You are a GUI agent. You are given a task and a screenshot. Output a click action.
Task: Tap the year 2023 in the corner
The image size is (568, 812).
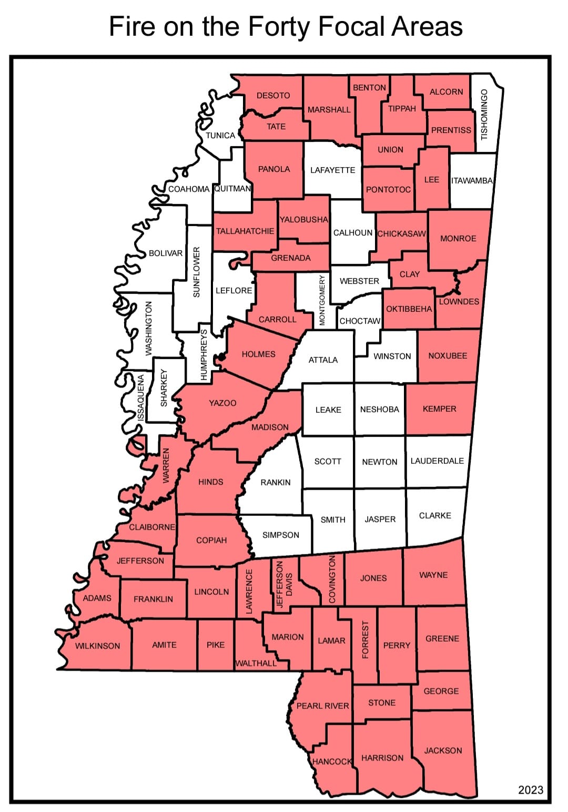pyautogui.click(x=531, y=789)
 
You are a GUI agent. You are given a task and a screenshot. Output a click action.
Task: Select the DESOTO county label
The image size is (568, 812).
pyautogui.click(x=273, y=95)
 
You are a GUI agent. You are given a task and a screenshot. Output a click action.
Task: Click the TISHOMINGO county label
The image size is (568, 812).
pyautogui.click(x=484, y=114)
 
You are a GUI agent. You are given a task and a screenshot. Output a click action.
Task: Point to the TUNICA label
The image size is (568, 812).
pyautogui.click(x=220, y=135)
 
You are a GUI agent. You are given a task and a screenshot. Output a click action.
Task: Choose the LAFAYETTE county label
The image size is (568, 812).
pyautogui.click(x=332, y=170)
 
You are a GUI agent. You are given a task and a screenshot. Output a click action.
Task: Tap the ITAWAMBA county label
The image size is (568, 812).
pyautogui.click(x=472, y=180)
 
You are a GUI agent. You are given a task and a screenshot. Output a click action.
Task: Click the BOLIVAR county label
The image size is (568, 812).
pyautogui.click(x=166, y=253)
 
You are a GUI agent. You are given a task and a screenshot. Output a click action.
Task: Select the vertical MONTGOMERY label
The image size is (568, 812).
pyautogui.click(x=322, y=300)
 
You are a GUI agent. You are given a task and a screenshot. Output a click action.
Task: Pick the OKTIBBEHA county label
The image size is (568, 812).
pyautogui.click(x=409, y=309)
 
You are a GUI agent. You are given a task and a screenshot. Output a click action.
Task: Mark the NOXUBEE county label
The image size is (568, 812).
pyautogui.click(x=448, y=356)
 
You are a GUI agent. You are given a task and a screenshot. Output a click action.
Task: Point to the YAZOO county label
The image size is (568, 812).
pyautogui.click(x=222, y=403)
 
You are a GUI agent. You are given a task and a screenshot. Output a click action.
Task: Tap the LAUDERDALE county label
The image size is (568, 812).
pyautogui.click(x=437, y=461)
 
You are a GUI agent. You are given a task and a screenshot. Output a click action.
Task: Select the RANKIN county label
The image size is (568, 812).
pyautogui.click(x=275, y=482)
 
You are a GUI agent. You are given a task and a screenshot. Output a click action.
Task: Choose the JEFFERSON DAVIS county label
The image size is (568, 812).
pyautogui.click(x=284, y=584)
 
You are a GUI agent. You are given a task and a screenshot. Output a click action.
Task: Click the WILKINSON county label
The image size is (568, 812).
pyautogui.click(x=97, y=646)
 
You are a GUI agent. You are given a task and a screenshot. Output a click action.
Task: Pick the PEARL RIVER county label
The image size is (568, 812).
pyautogui.click(x=322, y=706)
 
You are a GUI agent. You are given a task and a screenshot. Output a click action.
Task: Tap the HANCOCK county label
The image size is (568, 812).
pyautogui.click(x=331, y=762)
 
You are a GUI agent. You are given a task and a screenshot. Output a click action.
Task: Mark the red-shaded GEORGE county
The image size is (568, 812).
pyautogui.click(x=441, y=691)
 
